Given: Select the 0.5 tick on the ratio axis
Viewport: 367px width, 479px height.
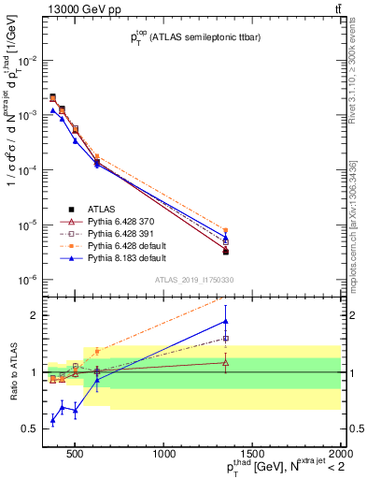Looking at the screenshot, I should click(x=32, y=428).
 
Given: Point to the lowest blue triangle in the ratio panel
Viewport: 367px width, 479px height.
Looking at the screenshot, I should click(x=53, y=420).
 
